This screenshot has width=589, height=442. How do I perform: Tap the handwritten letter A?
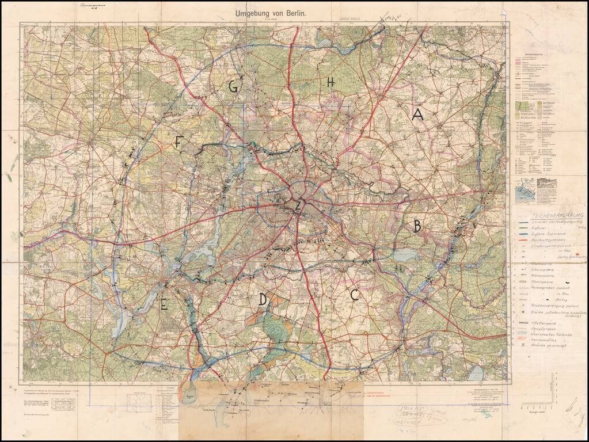[x=417, y=115]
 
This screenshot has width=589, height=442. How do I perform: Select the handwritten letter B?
[x=416, y=226]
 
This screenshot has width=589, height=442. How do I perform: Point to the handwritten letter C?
[x=355, y=295]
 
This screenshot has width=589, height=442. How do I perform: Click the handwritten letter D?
[x=263, y=299]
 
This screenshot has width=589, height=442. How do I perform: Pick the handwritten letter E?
[x=164, y=305]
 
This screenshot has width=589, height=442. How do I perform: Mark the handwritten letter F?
[x=178, y=142]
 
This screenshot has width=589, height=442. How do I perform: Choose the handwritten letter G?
[x=233, y=87]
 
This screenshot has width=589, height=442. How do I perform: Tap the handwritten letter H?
[x=330, y=83]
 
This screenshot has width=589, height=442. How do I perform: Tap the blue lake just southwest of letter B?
[x=398, y=254]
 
